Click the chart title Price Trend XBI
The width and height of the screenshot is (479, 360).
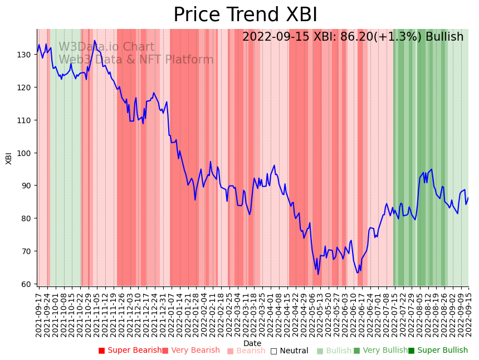[x=245, y=15]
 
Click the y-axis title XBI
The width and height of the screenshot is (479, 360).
[x=9, y=158]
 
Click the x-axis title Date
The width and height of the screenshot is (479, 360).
[x=252, y=343]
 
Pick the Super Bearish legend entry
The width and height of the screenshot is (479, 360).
[x=130, y=351]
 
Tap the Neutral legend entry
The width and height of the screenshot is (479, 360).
[x=289, y=351]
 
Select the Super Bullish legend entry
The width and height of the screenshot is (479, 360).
[x=438, y=351]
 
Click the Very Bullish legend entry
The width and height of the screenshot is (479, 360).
[x=380, y=351]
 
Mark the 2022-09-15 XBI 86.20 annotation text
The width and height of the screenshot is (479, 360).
[x=353, y=37]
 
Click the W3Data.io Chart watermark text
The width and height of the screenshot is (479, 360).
[x=106, y=47]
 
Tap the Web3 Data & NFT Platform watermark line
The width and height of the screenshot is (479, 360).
[x=136, y=60]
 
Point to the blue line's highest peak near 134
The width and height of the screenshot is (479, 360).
[x=95, y=41]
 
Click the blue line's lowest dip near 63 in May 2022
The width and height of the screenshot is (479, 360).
[x=319, y=274]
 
